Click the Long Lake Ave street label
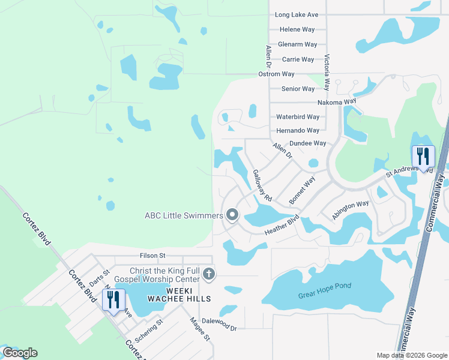pos(297,14)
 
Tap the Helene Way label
pos(297,29)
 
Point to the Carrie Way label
pos(298,59)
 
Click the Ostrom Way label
pos(276,74)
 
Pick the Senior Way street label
pos(298,89)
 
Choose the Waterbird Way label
pos(298,117)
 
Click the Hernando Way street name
pos(298,130)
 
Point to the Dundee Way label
pos(307,143)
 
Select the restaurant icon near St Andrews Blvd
pos(423,157)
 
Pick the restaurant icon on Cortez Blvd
pos(113,299)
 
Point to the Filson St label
pos(152,256)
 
